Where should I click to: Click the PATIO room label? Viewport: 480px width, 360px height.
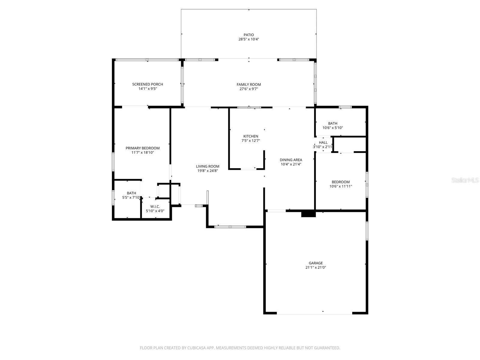(249, 35)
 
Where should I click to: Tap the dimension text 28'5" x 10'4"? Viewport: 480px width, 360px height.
(249, 39)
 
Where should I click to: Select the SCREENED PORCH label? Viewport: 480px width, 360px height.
(148, 84)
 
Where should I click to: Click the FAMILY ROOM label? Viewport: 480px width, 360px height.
(249, 85)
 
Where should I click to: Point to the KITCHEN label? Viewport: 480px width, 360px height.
(251, 136)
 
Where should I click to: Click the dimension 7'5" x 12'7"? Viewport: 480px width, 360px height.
(251, 141)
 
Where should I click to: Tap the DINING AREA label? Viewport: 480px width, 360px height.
(291, 160)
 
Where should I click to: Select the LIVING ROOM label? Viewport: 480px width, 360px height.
(208, 166)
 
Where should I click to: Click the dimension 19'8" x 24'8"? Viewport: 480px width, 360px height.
(208, 171)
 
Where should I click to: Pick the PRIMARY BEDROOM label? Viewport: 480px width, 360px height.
(142, 148)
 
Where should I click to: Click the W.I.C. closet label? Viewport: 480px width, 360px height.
(155, 206)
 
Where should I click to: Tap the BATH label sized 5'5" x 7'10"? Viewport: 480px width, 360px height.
(131, 193)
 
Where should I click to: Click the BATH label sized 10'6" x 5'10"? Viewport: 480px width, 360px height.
(333, 123)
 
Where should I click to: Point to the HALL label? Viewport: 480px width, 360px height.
(323, 142)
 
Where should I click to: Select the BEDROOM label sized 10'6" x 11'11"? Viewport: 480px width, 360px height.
(340, 182)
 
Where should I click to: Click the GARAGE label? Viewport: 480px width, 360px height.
(316, 263)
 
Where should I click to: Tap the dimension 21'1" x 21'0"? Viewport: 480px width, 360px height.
(316, 268)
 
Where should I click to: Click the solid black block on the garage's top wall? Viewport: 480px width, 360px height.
(308, 214)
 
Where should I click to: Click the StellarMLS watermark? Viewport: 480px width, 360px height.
(465, 180)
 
